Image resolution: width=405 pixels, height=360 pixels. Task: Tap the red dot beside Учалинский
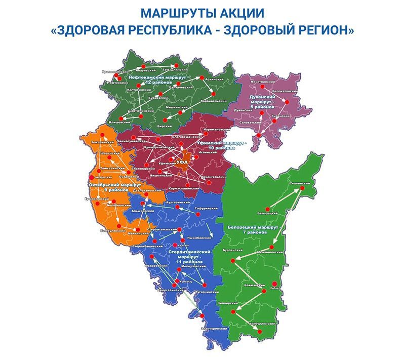point(303,188)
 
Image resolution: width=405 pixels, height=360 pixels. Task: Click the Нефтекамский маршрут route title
point(157,79)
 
